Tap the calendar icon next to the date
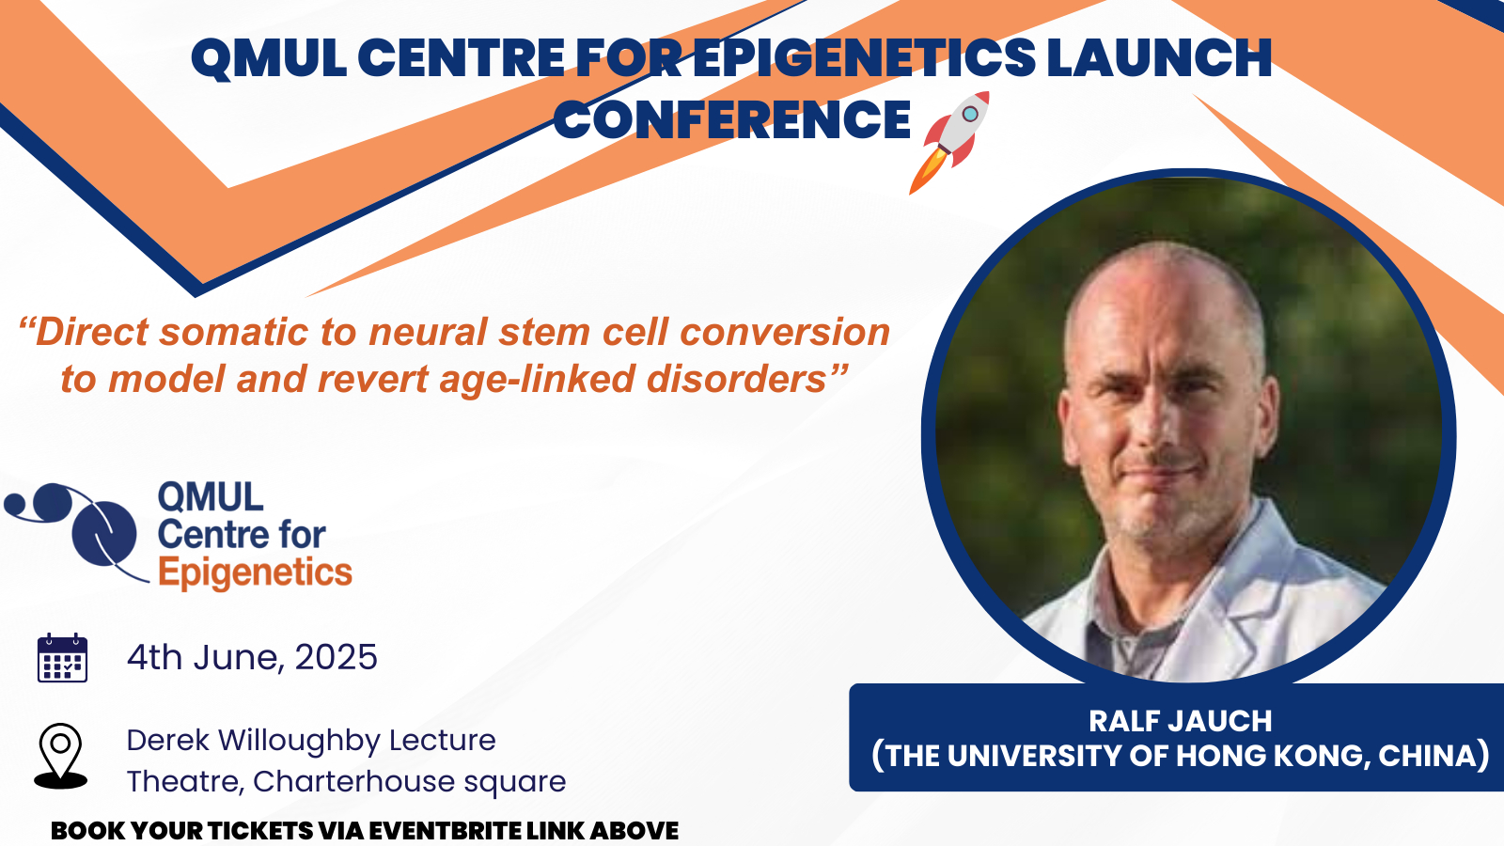click(62, 658)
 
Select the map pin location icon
click(60, 756)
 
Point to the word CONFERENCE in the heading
click(732, 119)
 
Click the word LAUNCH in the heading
click(1160, 57)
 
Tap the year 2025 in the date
click(336, 657)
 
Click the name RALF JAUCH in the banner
click(1180, 721)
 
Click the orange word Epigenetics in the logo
click(255, 573)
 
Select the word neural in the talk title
click(429, 332)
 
